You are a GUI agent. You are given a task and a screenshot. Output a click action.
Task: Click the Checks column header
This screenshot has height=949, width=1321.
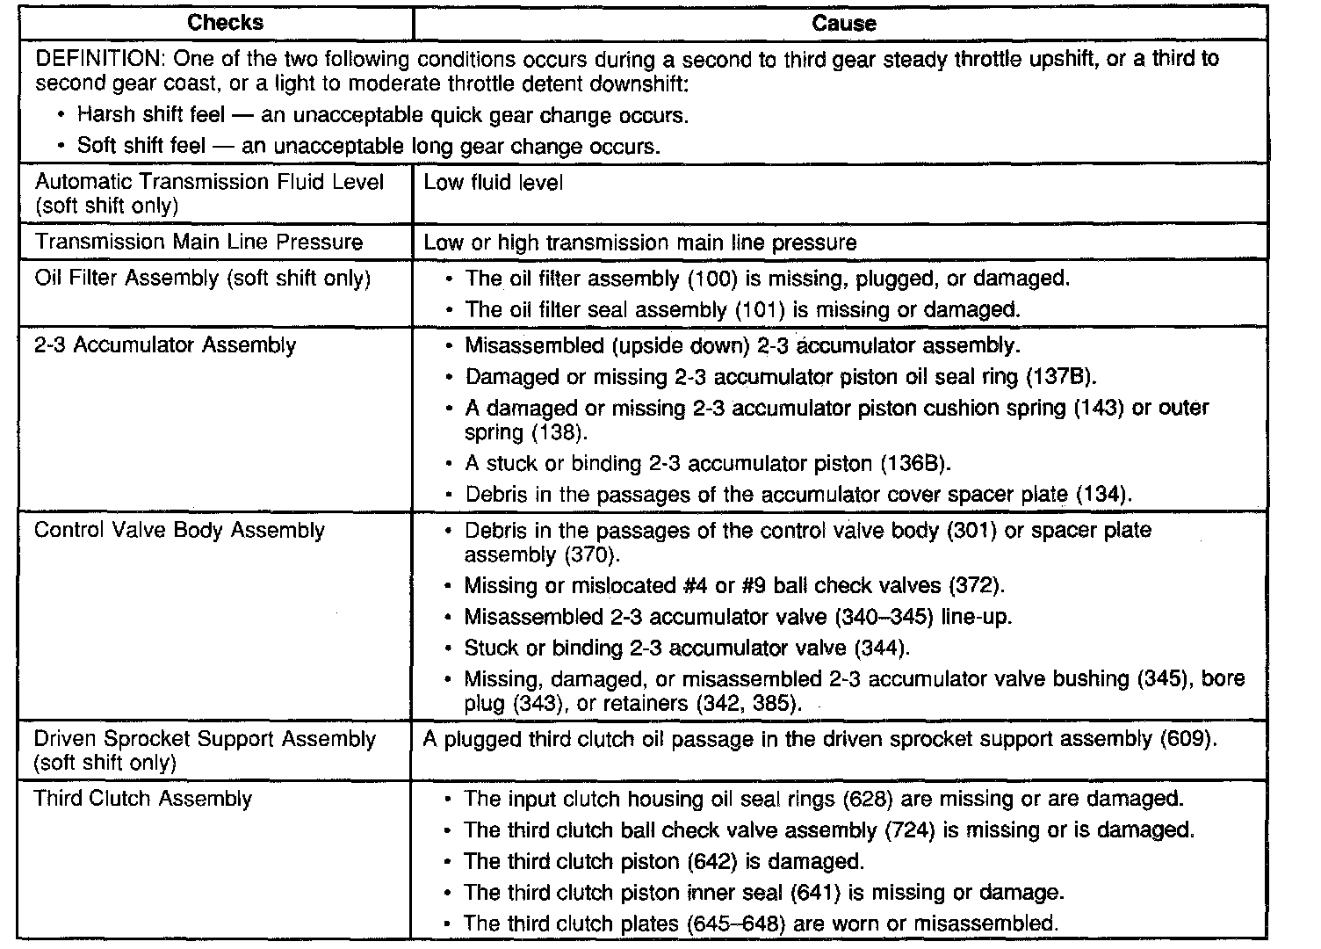(x=226, y=24)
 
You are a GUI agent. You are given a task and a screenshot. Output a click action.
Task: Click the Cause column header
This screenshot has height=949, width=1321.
(x=843, y=24)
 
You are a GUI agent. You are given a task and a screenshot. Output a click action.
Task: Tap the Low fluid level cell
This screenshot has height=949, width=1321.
(x=493, y=183)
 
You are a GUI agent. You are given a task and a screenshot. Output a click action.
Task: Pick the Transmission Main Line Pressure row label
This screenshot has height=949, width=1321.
(x=199, y=242)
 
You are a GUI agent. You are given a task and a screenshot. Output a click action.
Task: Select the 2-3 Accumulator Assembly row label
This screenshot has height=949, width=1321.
(x=165, y=345)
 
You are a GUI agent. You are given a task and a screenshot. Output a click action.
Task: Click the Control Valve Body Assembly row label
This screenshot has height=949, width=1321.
(x=179, y=531)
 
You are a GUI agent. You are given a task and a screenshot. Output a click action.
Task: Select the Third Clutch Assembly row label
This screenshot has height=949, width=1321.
(x=142, y=799)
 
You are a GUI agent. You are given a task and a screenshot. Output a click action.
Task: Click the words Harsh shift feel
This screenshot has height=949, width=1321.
(x=151, y=115)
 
